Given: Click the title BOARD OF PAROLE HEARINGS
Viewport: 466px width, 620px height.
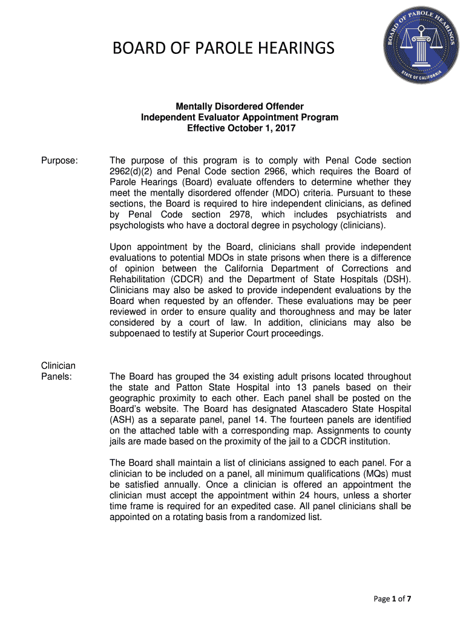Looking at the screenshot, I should [223, 48].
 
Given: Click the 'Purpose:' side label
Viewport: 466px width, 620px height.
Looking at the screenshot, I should [59, 160].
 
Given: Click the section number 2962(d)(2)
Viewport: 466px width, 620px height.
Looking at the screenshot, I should [134, 171].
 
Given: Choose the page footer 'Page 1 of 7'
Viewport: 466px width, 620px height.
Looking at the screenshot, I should [392, 599].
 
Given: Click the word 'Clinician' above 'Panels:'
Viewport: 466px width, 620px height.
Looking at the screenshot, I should [58, 366].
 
